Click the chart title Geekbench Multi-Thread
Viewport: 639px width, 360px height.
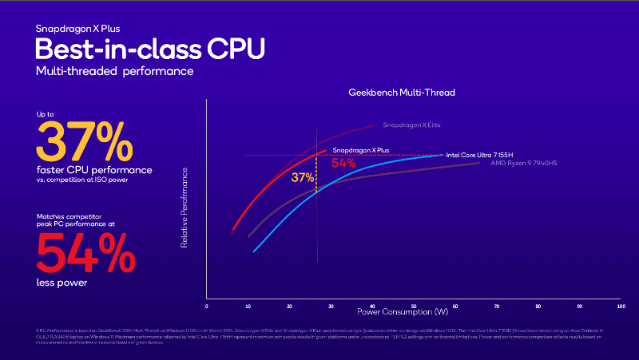point(401,93)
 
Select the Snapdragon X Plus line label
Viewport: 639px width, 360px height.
point(360,150)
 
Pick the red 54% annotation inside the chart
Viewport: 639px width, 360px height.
point(343,163)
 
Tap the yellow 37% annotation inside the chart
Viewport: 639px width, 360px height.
point(302,177)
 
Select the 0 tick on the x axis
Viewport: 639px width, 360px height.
point(207,306)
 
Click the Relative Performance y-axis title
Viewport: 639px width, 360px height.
point(185,207)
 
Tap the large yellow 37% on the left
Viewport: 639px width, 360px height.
point(83,142)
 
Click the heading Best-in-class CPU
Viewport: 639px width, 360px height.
point(149,48)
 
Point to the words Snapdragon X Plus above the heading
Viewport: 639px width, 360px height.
point(76,29)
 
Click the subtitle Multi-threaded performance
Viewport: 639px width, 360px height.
point(113,72)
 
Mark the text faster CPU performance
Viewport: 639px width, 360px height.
point(93,169)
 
